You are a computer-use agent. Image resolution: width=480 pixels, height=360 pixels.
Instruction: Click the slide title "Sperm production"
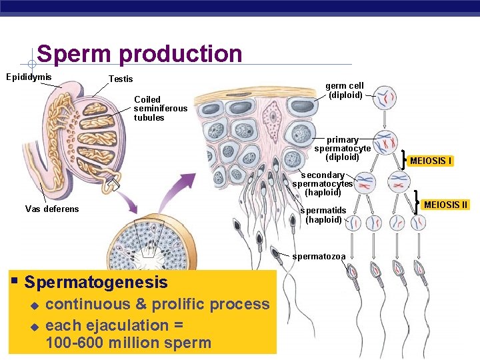(x=139, y=53)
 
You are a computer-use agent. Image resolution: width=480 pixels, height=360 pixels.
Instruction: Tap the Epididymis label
(x=29, y=77)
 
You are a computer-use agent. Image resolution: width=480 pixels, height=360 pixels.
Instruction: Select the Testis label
(x=121, y=79)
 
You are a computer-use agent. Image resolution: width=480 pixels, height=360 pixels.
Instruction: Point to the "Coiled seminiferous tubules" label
(x=161, y=109)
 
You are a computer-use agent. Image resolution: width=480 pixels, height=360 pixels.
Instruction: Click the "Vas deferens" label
(x=52, y=209)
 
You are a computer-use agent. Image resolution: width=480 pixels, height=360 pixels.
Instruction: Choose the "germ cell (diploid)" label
(x=345, y=90)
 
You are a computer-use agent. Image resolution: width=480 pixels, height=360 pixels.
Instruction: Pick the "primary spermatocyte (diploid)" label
(x=342, y=149)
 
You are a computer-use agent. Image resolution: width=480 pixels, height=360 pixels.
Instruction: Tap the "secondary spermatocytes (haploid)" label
(x=323, y=183)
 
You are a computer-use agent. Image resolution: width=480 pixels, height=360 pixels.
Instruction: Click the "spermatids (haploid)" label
(x=323, y=215)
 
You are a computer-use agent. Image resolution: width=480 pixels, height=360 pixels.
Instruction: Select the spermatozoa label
(x=319, y=256)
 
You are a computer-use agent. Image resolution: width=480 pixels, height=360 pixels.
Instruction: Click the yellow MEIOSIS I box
(x=431, y=161)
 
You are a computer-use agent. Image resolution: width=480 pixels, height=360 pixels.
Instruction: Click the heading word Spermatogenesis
(x=96, y=282)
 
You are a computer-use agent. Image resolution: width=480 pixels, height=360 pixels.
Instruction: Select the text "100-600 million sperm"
(x=129, y=343)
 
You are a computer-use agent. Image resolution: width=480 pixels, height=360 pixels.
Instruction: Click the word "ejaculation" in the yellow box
(x=126, y=325)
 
